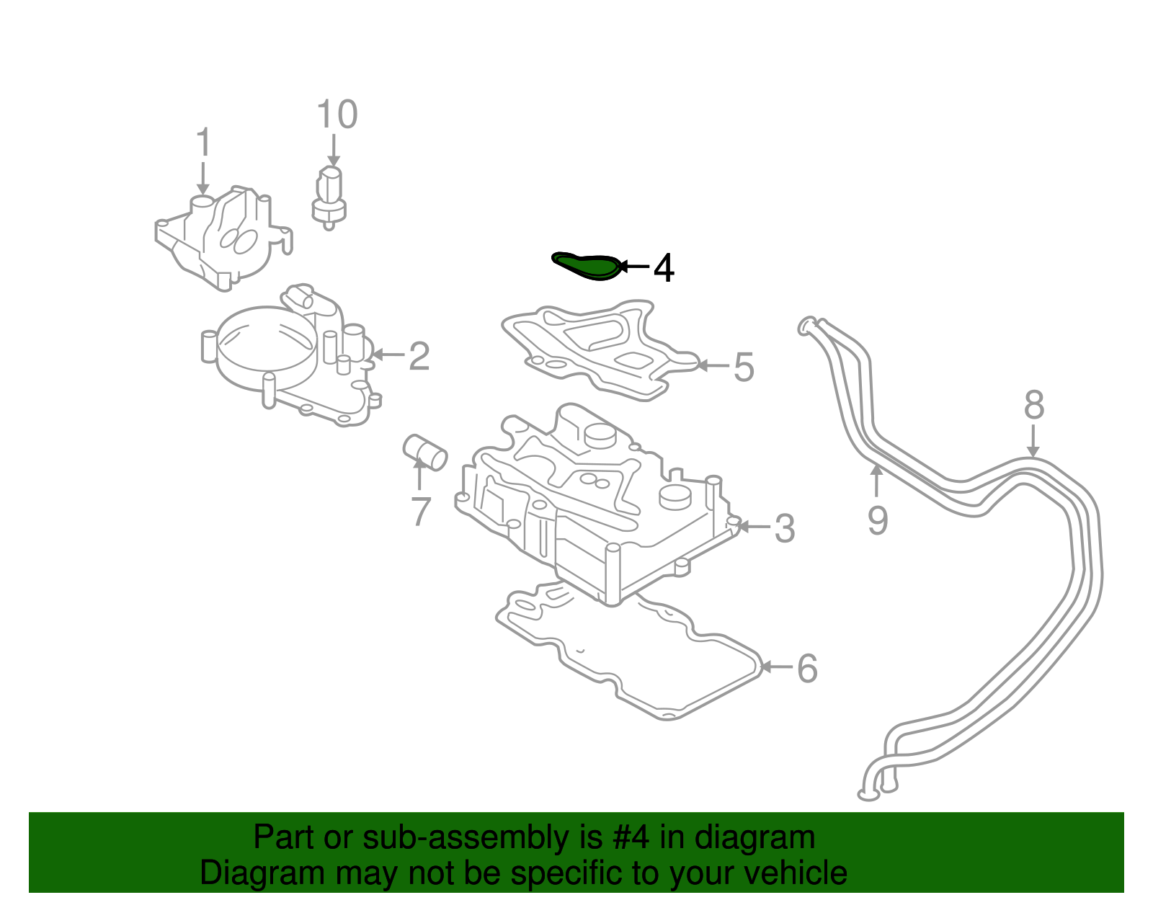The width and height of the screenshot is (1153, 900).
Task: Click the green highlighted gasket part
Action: pyautogui.click(x=587, y=266)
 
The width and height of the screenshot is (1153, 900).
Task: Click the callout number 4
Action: pyautogui.click(x=664, y=269)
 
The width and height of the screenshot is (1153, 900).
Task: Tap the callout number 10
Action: pyautogui.click(x=337, y=115)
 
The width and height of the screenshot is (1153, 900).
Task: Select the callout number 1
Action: pyautogui.click(x=204, y=142)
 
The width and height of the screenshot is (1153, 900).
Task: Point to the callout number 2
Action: pyautogui.click(x=419, y=356)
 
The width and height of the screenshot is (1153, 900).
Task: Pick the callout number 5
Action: pyautogui.click(x=743, y=367)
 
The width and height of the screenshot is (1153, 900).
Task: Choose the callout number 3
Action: pyautogui.click(x=784, y=528)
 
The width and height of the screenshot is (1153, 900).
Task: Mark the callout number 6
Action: pyautogui.click(x=807, y=668)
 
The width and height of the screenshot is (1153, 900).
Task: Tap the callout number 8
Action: pyautogui.click(x=1034, y=405)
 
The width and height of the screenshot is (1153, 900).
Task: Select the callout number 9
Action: pyautogui.click(x=877, y=520)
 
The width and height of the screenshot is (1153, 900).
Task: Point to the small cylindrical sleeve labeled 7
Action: pyautogui.click(x=425, y=451)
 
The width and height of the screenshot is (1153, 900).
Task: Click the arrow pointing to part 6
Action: pyautogui.click(x=776, y=667)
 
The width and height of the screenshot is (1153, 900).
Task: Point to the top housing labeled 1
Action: pyautogui.click(x=223, y=238)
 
